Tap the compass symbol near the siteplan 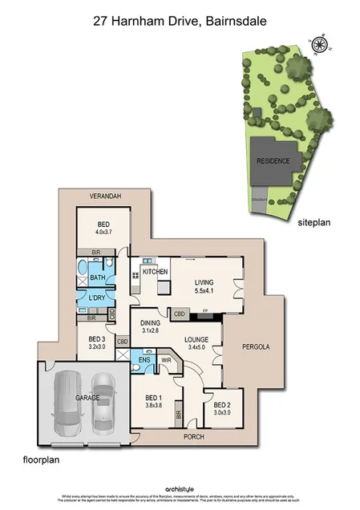coord(321,45)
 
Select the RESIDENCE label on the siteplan coord(273,160)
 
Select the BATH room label coord(98,277)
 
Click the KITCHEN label coord(155,273)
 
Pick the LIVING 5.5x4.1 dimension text coord(204,291)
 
